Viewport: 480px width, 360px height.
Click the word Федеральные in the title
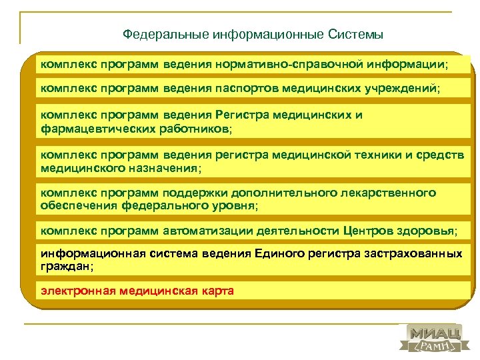(x=165, y=34)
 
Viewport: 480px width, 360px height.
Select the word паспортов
(x=245, y=87)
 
